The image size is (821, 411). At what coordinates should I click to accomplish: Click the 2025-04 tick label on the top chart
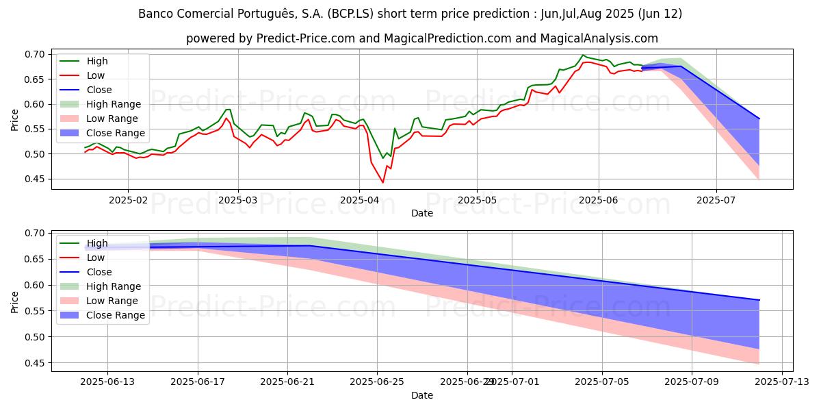pyautogui.click(x=359, y=199)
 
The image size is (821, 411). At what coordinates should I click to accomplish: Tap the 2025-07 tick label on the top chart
pyautogui.click(x=716, y=199)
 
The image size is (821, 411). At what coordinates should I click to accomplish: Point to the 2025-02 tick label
pyautogui.click(x=128, y=199)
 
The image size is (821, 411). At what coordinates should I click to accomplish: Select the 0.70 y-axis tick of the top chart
pyautogui.click(x=34, y=54)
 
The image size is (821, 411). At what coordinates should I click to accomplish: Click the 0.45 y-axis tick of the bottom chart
pyautogui.click(x=34, y=362)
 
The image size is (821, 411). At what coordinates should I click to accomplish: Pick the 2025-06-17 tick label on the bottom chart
pyautogui.click(x=198, y=382)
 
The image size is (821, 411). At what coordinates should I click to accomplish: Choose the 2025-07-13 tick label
pyautogui.click(x=782, y=382)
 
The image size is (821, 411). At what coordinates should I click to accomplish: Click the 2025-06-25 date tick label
pyautogui.click(x=378, y=382)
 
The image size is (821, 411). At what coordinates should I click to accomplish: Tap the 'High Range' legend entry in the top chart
pyautogui.click(x=113, y=104)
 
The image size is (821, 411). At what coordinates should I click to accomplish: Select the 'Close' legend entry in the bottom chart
pyautogui.click(x=99, y=272)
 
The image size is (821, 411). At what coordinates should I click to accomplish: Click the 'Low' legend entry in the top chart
pyautogui.click(x=96, y=75)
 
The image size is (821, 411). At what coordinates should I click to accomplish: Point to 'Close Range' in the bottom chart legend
pyautogui.click(x=115, y=315)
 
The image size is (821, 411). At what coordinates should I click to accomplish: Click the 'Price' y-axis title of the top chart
pyautogui.click(x=15, y=119)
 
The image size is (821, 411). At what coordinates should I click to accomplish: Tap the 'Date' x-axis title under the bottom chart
pyautogui.click(x=422, y=395)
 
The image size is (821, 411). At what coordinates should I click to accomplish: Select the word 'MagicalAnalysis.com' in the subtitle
pyautogui.click(x=599, y=38)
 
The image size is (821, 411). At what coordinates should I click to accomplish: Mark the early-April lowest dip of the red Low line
pyautogui.click(x=382, y=182)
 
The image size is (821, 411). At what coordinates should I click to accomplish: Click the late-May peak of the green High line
pyautogui.click(x=583, y=55)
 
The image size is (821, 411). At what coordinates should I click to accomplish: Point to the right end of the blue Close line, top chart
pyautogui.click(x=759, y=119)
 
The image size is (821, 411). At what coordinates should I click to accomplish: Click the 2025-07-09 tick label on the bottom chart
pyautogui.click(x=691, y=382)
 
